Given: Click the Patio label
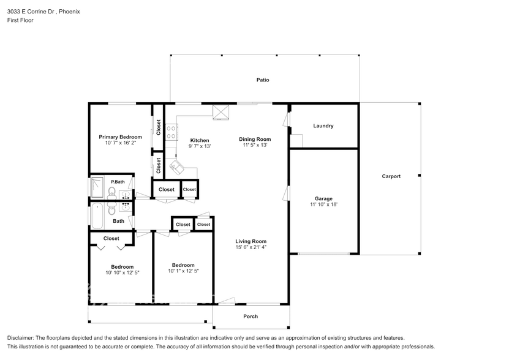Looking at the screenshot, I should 262,80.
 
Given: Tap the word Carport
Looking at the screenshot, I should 391,176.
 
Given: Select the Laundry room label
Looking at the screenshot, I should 323,126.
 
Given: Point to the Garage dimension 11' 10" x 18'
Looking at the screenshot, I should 323,204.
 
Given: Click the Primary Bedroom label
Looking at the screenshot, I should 120,137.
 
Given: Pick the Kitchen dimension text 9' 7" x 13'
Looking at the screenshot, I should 199,146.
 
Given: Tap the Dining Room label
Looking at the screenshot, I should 254,139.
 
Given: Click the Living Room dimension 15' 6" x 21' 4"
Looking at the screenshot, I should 251,247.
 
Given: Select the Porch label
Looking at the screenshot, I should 250,317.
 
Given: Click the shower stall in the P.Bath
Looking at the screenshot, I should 97,187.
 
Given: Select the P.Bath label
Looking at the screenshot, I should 118,182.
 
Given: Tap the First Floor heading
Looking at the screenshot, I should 21,20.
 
